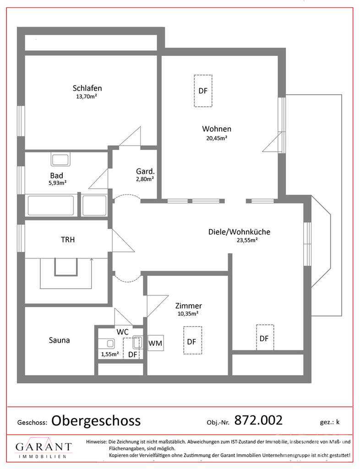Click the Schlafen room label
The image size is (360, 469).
click(87, 88)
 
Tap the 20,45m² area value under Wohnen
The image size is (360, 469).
click(217, 137)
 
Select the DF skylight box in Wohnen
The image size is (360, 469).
click(203, 91)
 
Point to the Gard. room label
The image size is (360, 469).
click(145, 171)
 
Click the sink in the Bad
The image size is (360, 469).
click(60, 160)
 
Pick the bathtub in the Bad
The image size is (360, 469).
click(51, 205)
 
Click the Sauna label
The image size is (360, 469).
click(60, 340)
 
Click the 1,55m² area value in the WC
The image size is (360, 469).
click(110, 354)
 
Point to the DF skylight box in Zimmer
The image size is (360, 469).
click(192, 340)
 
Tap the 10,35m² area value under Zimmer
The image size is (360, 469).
click(188, 314)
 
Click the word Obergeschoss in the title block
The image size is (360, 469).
click(96, 420)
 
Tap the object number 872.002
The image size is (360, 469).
click(258, 419)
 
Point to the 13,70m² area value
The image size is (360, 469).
click(87, 97)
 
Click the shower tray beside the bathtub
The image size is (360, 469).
click(94, 205)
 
